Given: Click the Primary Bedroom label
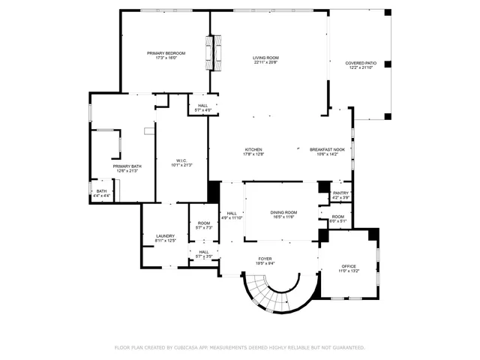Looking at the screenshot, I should click(x=166, y=53).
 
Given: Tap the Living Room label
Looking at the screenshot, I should click(x=265, y=58).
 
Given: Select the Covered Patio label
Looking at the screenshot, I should click(x=360, y=64).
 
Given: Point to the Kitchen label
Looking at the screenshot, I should click(x=253, y=150).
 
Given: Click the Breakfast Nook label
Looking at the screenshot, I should click(x=327, y=150).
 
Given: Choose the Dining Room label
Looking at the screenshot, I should click(x=283, y=213).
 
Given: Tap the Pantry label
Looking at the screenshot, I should click(x=340, y=193).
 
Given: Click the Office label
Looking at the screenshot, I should click(x=349, y=266).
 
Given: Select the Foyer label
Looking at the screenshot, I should click(x=265, y=259).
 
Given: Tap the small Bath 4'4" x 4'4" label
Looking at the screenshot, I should click(x=101, y=191).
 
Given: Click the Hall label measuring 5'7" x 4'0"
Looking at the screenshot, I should click(x=203, y=106).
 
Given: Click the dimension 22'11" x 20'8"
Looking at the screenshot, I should click(x=265, y=62).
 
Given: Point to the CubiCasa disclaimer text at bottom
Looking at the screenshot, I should click(x=240, y=347).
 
